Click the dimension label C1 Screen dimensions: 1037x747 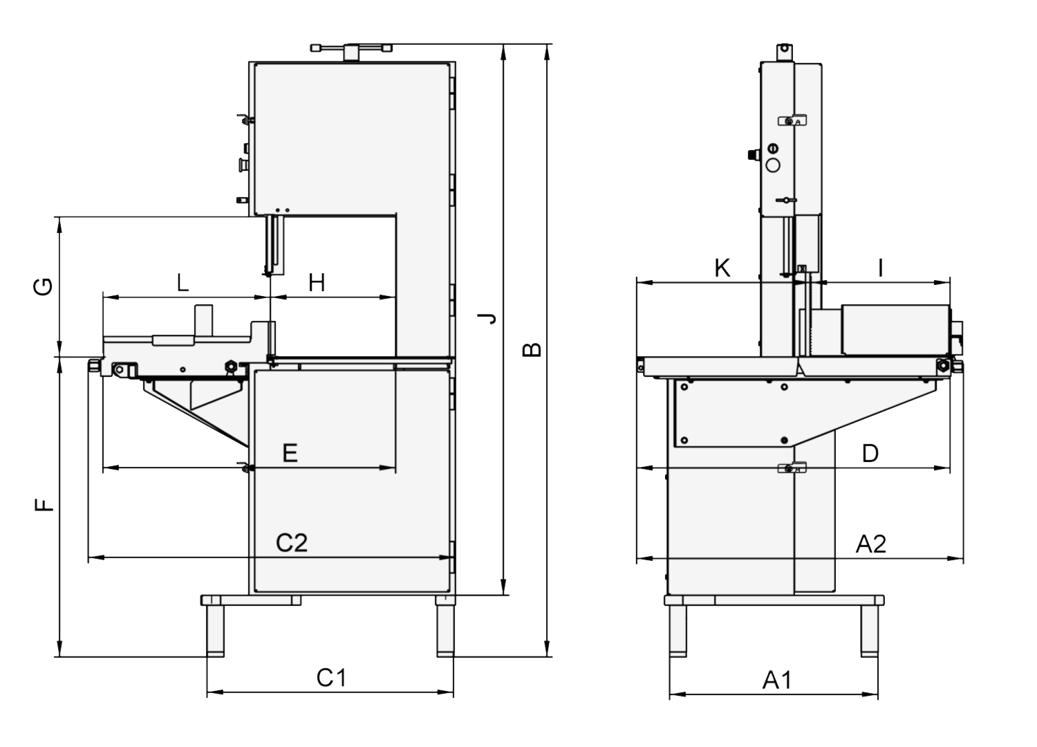tap(331, 678)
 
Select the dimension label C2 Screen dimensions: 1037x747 tap(292, 543)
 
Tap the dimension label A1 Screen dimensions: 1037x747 tap(777, 681)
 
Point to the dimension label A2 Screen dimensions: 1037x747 tap(871, 544)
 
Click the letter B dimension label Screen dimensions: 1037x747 tap(532, 350)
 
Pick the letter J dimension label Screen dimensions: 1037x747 tap(487, 318)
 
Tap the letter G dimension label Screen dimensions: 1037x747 tap(43, 287)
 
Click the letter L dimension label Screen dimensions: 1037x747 tap(183, 282)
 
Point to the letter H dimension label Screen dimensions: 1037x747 tap(317, 282)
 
